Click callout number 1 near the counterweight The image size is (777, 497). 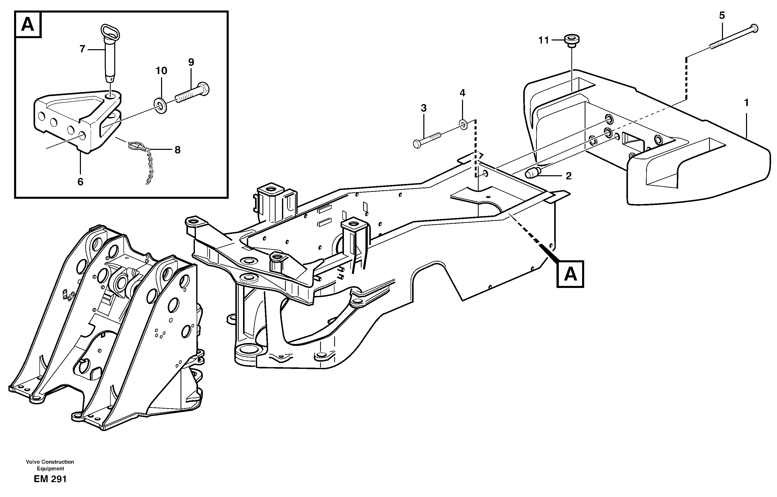tap(746, 103)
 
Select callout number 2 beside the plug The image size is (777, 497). tap(569, 176)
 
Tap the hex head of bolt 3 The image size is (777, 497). tap(417, 144)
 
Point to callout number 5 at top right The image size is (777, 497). tap(722, 15)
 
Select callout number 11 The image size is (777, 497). tap(543, 40)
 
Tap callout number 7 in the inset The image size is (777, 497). tap(82, 49)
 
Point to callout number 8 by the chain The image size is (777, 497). tap(177, 150)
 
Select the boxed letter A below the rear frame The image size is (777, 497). tap(571, 274)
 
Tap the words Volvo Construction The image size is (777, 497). tap(50, 462)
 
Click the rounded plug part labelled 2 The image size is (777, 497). tap(532, 173)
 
